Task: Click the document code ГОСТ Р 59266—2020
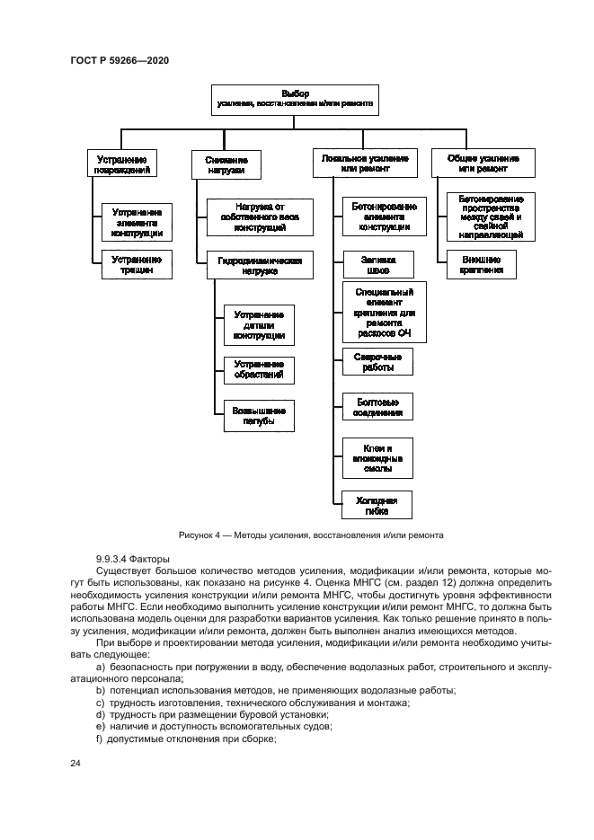click(x=120, y=59)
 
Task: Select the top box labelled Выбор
click(x=294, y=99)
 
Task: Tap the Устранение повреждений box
click(x=122, y=163)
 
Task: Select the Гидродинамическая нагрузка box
click(x=260, y=264)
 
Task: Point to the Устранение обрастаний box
click(x=259, y=369)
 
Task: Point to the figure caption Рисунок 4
click(x=311, y=535)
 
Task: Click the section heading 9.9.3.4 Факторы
click(x=132, y=559)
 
